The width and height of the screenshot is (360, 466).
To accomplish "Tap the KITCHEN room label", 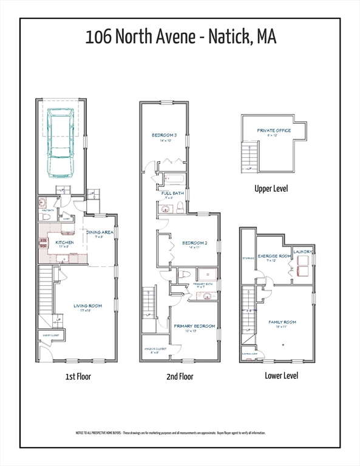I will [x=64, y=242].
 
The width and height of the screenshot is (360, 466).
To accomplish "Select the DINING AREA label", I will [x=99, y=232].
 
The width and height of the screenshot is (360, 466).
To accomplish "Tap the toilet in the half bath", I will [x=47, y=217].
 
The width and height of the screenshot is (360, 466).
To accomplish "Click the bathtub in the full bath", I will [x=175, y=179].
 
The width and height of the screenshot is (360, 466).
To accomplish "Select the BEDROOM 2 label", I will [x=195, y=243].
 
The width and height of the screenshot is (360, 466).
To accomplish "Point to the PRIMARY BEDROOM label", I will [x=194, y=326].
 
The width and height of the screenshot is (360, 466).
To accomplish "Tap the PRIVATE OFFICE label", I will [x=274, y=130].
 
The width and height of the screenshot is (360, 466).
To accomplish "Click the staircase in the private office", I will [x=250, y=157].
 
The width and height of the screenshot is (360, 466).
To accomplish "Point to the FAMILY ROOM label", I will [x=282, y=322].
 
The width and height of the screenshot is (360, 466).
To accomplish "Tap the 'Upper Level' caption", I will [x=271, y=189].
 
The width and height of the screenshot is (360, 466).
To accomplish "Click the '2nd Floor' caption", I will [x=180, y=376].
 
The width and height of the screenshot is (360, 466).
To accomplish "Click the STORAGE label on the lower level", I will [x=247, y=258].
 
